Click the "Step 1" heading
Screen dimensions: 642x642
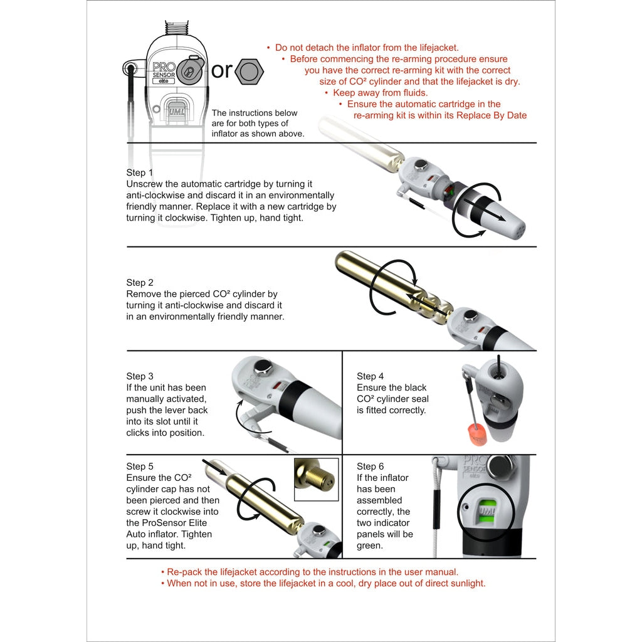click(x=140, y=172)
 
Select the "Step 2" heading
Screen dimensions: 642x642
click(x=140, y=283)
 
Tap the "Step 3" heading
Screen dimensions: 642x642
click(x=140, y=376)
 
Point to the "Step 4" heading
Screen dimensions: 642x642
click(x=371, y=376)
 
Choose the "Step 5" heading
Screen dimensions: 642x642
click(x=140, y=466)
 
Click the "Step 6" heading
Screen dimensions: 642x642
click(x=371, y=466)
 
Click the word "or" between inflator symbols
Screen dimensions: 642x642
click(x=221, y=70)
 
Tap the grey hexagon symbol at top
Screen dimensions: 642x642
click(x=249, y=71)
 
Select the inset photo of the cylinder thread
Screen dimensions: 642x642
click(x=316, y=480)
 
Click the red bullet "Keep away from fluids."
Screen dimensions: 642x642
click(x=376, y=93)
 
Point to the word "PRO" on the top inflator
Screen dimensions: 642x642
click(x=164, y=67)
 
